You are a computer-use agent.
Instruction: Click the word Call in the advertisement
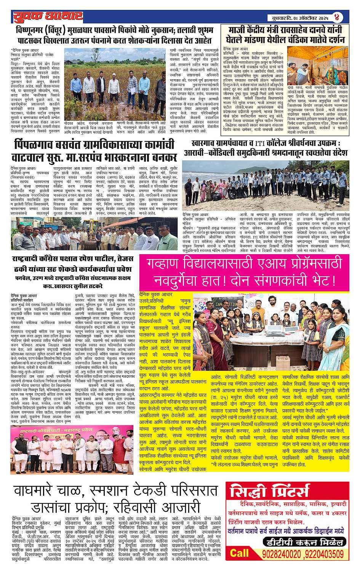point(239,553)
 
